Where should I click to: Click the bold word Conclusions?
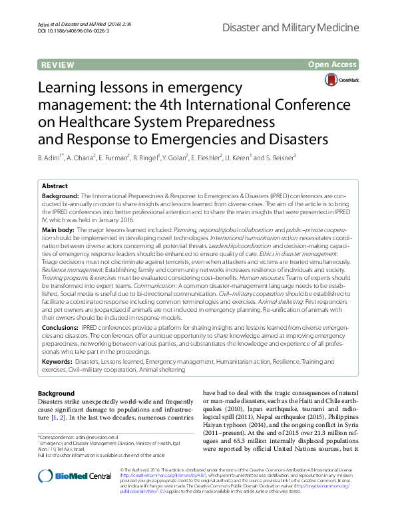[x=60, y=328]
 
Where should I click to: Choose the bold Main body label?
[x=58, y=229]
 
